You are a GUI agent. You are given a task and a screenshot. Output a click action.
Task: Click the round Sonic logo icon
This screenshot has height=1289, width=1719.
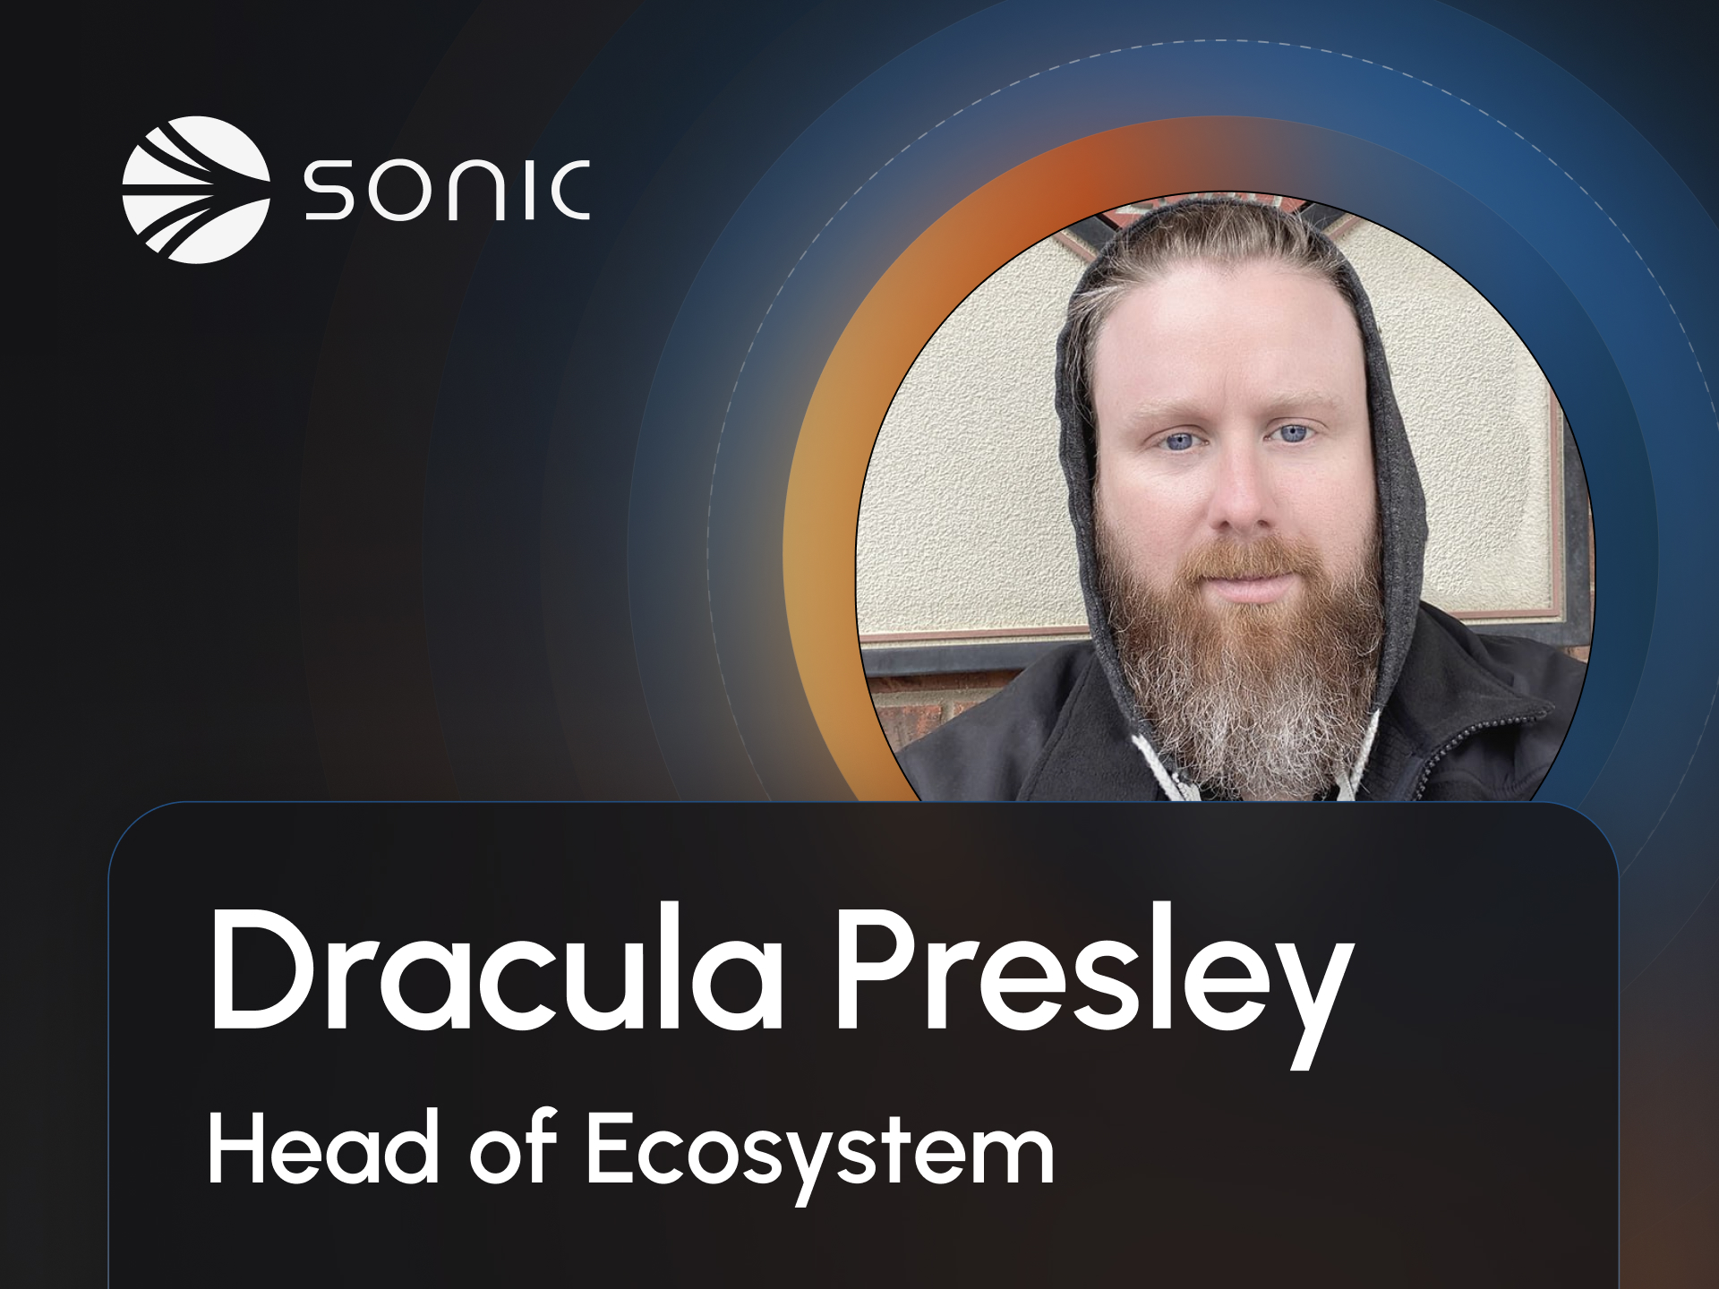click(196, 190)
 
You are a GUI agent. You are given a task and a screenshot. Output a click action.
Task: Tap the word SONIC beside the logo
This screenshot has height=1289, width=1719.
click(447, 190)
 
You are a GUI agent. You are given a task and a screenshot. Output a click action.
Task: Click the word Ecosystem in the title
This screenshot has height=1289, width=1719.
click(820, 1155)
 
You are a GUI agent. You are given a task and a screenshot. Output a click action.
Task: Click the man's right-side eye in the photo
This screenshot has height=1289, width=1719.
click(1292, 434)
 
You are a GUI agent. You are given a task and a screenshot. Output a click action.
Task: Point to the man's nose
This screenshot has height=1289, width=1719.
click(1240, 501)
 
